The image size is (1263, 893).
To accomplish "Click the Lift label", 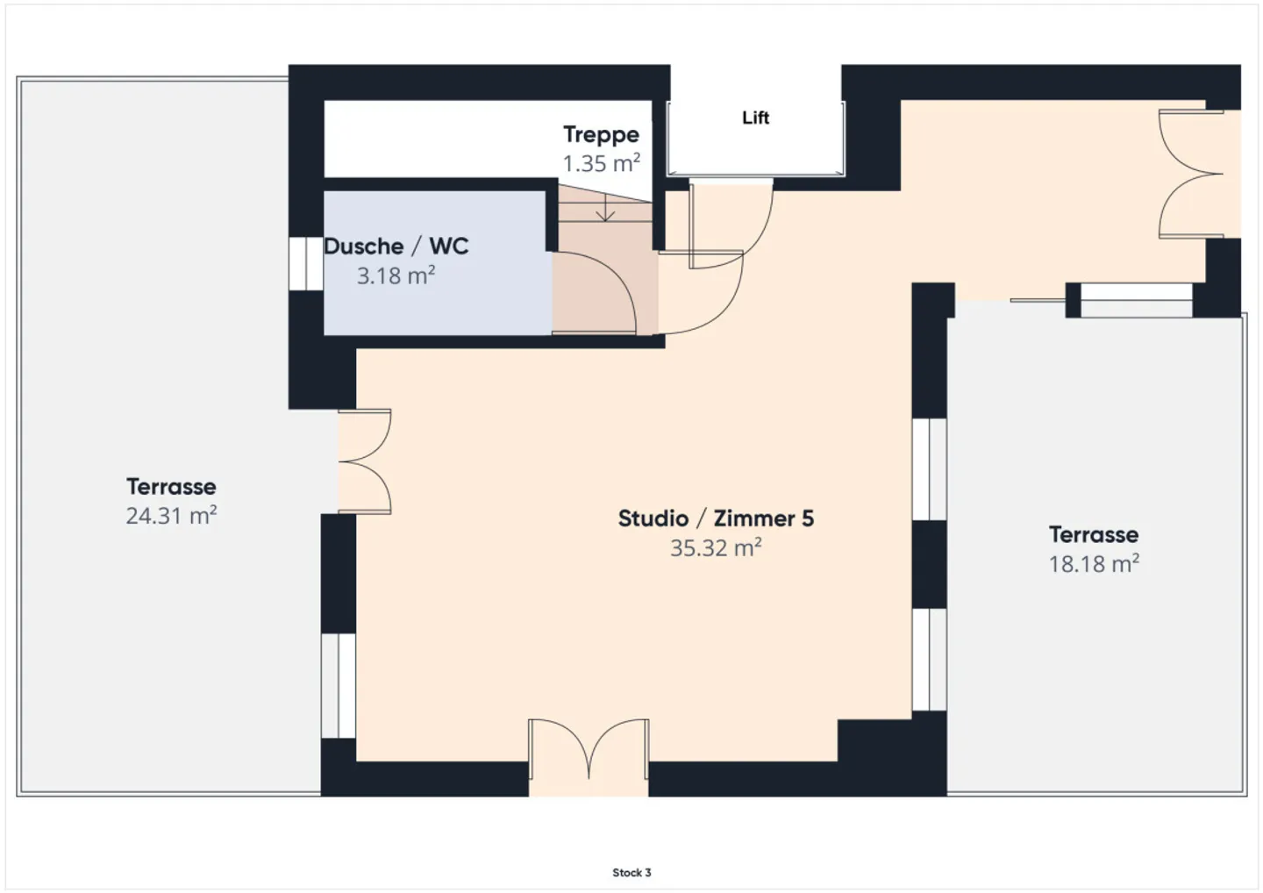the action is pyautogui.click(x=755, y=118).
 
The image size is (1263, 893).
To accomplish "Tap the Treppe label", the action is pyautogui.click(x=601, y=135).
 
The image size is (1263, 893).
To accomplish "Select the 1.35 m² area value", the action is pyautogui.click(x=601, y=163).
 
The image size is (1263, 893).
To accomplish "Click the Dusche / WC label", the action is pyautogui.click(x=396, y=246).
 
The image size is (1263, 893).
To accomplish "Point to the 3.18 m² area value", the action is pyautogui.click(x=396, y=275).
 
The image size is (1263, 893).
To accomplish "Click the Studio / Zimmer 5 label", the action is pyautogui.click(x=716, y=518).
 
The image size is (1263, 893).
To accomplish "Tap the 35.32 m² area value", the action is pyautogui.click(x=716, y=548).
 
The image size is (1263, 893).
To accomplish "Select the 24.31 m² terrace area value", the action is pyautogui.click(x=171, y=516).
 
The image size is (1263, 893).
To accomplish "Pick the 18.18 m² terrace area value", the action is pyautogui.click(x=1094, y=564).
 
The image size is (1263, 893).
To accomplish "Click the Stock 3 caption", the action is pyautogui.click(x=631, y=873).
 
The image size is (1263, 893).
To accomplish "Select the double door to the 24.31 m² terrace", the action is pyautogui.click(x=364, y=461).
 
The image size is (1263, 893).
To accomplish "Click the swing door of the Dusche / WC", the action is pyautogui.click(x=594, y=293).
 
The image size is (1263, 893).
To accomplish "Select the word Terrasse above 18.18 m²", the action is pyautogui.click(x=1094, y=535).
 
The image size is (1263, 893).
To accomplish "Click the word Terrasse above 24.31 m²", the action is pyautogui.click(x=171, y=487).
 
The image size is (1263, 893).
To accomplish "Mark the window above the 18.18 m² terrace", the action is pyautogui.click(x=1136, y=301).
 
